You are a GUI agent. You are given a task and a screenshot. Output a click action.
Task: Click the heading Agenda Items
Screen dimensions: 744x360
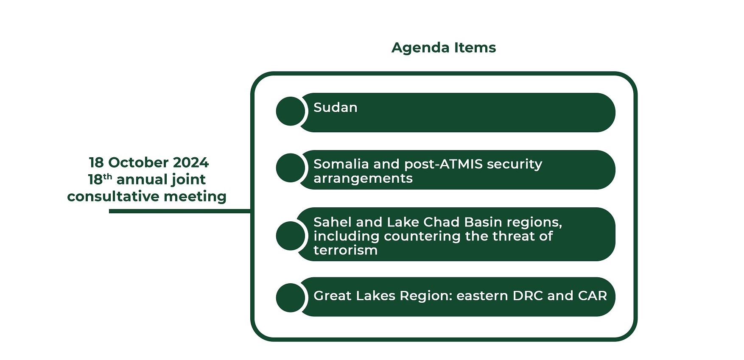(444, 47)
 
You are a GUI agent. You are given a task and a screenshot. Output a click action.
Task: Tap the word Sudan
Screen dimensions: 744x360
(336, 107)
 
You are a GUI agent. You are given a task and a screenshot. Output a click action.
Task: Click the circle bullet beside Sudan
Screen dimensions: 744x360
(291, 111)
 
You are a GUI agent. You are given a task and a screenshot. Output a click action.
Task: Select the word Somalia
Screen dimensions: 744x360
(341, 164)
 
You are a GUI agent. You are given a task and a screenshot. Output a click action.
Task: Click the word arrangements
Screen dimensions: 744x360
(363, 179)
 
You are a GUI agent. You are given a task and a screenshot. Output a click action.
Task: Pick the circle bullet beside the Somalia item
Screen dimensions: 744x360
(291, 168)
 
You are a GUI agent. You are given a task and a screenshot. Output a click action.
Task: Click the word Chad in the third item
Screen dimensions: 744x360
(442, 222)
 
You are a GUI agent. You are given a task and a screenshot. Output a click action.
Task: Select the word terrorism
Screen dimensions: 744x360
(346, 250)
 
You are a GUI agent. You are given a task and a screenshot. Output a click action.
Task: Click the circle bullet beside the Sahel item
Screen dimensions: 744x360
(291, 236)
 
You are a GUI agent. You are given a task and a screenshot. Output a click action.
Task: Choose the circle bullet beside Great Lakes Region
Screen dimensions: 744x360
(291, 298)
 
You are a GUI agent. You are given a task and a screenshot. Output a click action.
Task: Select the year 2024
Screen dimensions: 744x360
(191, 162)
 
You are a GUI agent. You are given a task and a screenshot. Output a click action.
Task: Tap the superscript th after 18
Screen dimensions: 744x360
(107, 176)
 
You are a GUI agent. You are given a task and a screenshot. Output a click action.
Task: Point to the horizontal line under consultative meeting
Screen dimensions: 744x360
(180, 211)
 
